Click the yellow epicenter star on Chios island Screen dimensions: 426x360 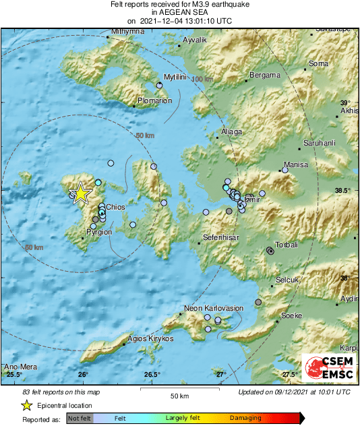tap(80, 193)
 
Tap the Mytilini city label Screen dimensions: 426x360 tap(175, 78)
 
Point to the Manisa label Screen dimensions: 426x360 tap(296, 164)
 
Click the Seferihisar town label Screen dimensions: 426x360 tap(222, 238)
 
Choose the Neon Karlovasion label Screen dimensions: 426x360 tap(214, 308)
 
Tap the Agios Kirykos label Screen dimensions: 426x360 tap(151, 338)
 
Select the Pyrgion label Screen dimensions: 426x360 tap(98, 232)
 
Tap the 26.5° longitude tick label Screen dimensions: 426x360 tap(152, 374)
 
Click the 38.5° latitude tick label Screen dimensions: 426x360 tap(344, 191)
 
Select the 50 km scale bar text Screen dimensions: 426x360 tap(179, 396)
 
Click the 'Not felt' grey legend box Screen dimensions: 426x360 tap(80, 418)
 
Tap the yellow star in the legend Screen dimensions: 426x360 tap(26, 405)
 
